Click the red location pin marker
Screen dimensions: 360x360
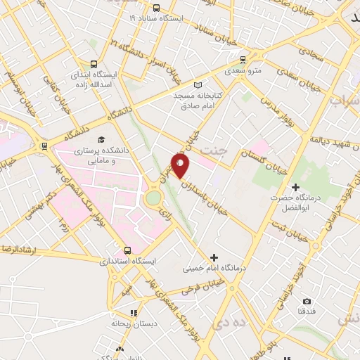pyautogui.click(x=181, y=165)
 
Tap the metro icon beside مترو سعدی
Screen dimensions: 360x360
pyautogui.click(x=243, y=60)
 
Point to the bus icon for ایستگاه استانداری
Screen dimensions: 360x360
pyautogui.click(x=127, y=250)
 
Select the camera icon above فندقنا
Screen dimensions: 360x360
pyautogui.click(x=307, y=301)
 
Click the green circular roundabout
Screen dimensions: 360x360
pyautogui.click(x=153, y=199)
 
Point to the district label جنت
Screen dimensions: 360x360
pyautogui.click(x=214, y=150)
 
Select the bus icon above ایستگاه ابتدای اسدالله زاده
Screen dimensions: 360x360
pyautogui.click(x=94, y=62)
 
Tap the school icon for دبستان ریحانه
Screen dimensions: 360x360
pyautogui.click(x=133, y=313)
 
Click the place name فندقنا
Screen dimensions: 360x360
pyautogui.click(x=307, y=310)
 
